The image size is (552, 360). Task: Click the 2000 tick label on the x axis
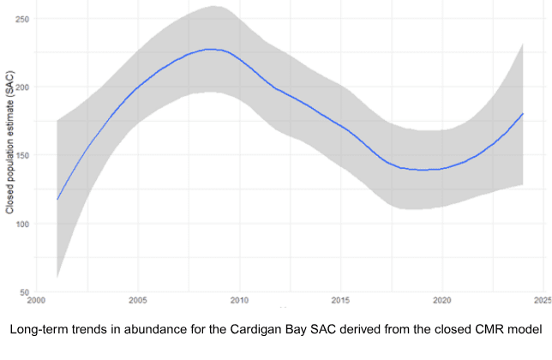coord(37,302)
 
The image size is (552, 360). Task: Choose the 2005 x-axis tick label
coord(138,302)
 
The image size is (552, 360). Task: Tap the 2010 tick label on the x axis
coord(239,302)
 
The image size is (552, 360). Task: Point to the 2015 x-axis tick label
coord(340,302)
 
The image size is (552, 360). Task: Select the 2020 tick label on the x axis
coord(441,302)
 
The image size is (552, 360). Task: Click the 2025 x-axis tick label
coord(541,302)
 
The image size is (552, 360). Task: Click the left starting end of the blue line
coord(57,200)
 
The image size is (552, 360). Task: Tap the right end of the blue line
coord(523,114)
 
